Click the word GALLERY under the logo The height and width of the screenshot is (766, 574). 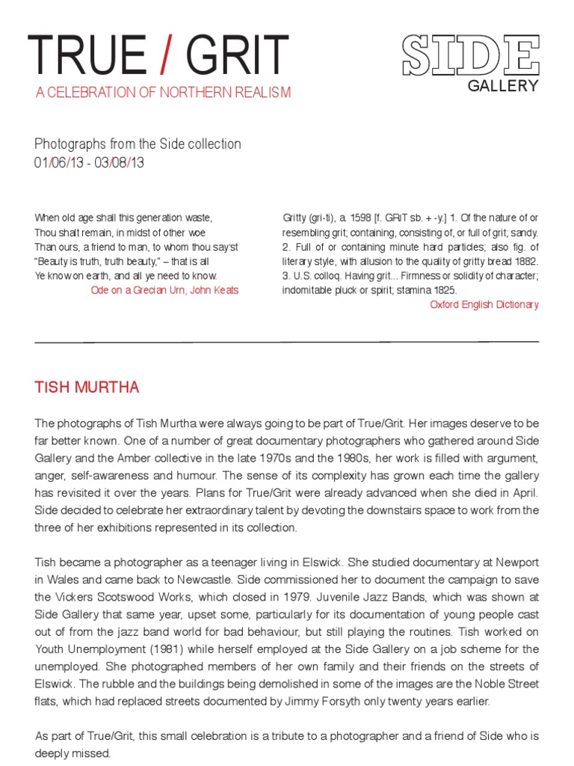[x=503, y=86]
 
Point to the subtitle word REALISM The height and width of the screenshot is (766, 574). [x=262, y=93]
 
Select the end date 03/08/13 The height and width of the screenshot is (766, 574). [x=119, y=162]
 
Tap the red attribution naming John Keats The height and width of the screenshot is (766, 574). [x=164, y=289]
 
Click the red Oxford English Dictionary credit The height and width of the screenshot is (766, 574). [x=484, y=304]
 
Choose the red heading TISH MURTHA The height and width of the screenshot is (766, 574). [x=87, y=387]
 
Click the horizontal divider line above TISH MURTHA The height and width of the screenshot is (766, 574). [x=287, y=341]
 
